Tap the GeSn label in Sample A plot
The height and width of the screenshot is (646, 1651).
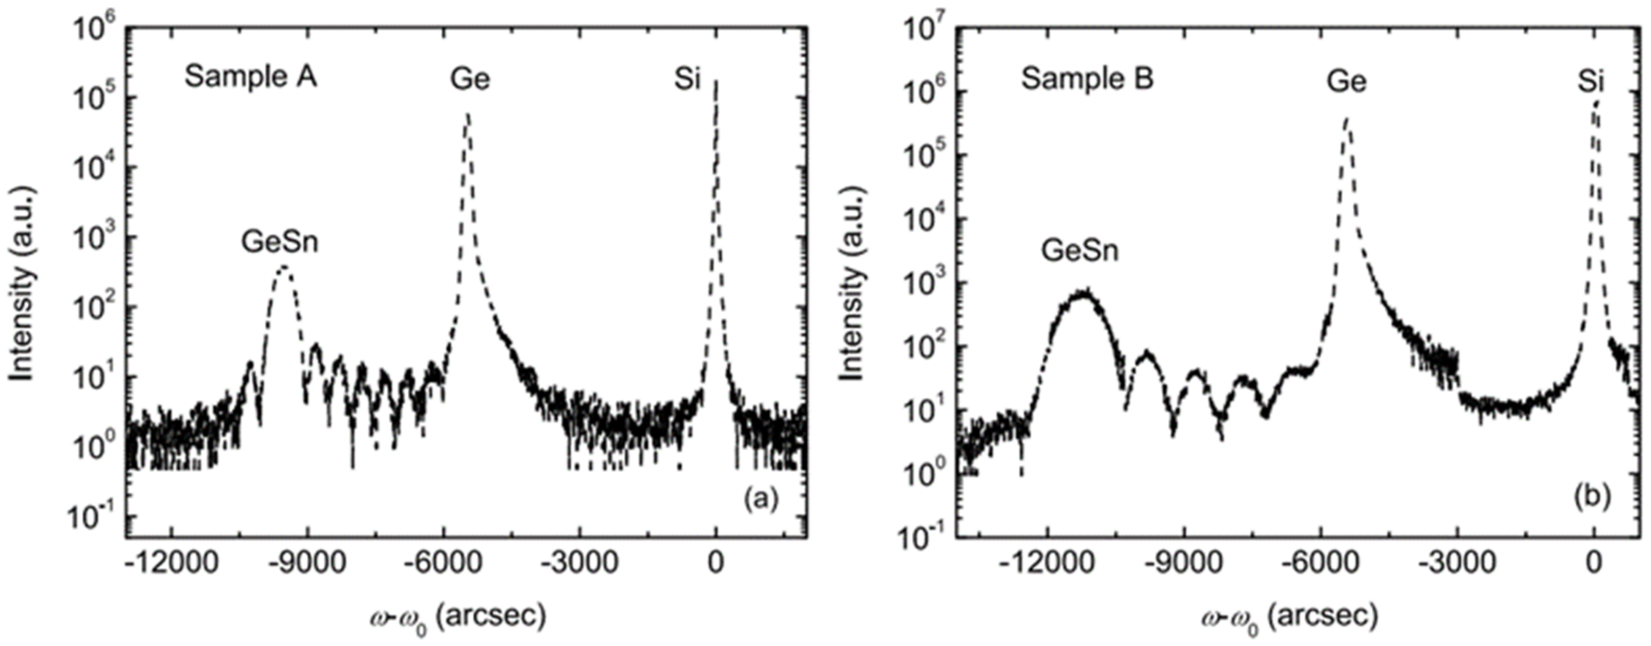[x=279, y=242]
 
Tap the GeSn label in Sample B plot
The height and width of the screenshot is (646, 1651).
[x=1080, y=251]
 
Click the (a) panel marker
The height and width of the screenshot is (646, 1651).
[x=761, y=498]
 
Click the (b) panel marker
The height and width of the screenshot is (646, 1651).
[x=1592, y=498]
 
